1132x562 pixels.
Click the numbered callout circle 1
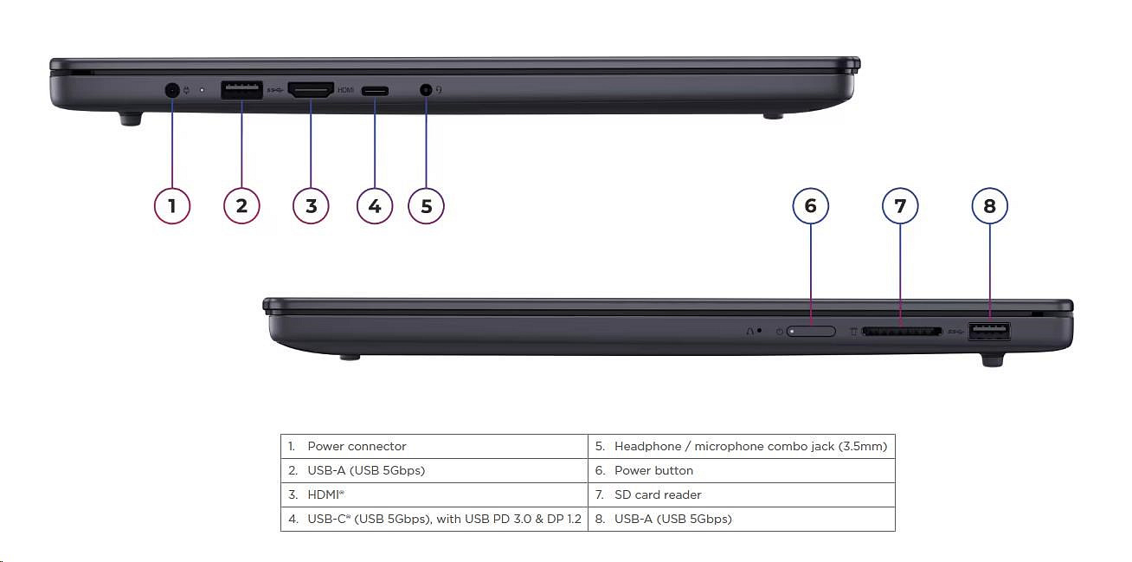tap(172, 205)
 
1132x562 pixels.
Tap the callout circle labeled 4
tap(375, 205)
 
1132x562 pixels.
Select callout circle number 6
tap(811, 205)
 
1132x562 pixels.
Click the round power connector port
tap(171, 89)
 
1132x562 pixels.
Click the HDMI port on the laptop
tap(311, 89)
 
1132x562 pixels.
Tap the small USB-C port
tap(375, 90)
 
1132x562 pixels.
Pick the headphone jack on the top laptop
tap(425, 89)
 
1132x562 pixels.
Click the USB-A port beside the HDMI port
tap(241, 89)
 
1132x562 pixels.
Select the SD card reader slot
tap(900, 331)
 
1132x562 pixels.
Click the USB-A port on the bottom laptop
tap(989, 330)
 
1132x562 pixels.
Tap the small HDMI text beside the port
tap(346, 90)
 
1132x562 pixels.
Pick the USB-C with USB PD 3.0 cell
tap(434, 519)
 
